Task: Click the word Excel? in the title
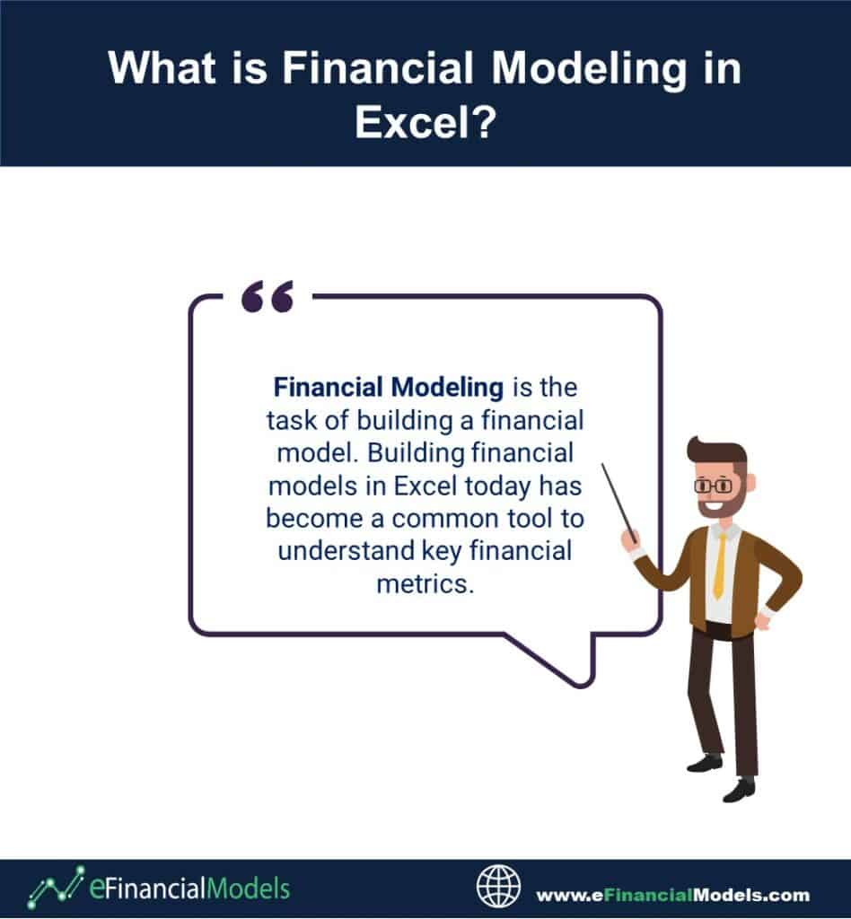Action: click(425, 122)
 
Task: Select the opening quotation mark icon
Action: click(268, 296)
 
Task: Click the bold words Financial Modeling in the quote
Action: click(389, 387)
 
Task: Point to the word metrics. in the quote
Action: click(425, 583)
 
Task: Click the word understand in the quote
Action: click(347, 551)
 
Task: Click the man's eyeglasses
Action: click(714, 486)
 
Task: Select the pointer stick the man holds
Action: click(619, 503)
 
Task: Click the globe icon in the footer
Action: click(498, 886)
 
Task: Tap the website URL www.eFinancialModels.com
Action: click(673, 895)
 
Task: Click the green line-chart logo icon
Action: click(56, 887)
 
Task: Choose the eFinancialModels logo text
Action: click(189, 888)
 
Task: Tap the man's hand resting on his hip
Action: click(764, 621)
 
